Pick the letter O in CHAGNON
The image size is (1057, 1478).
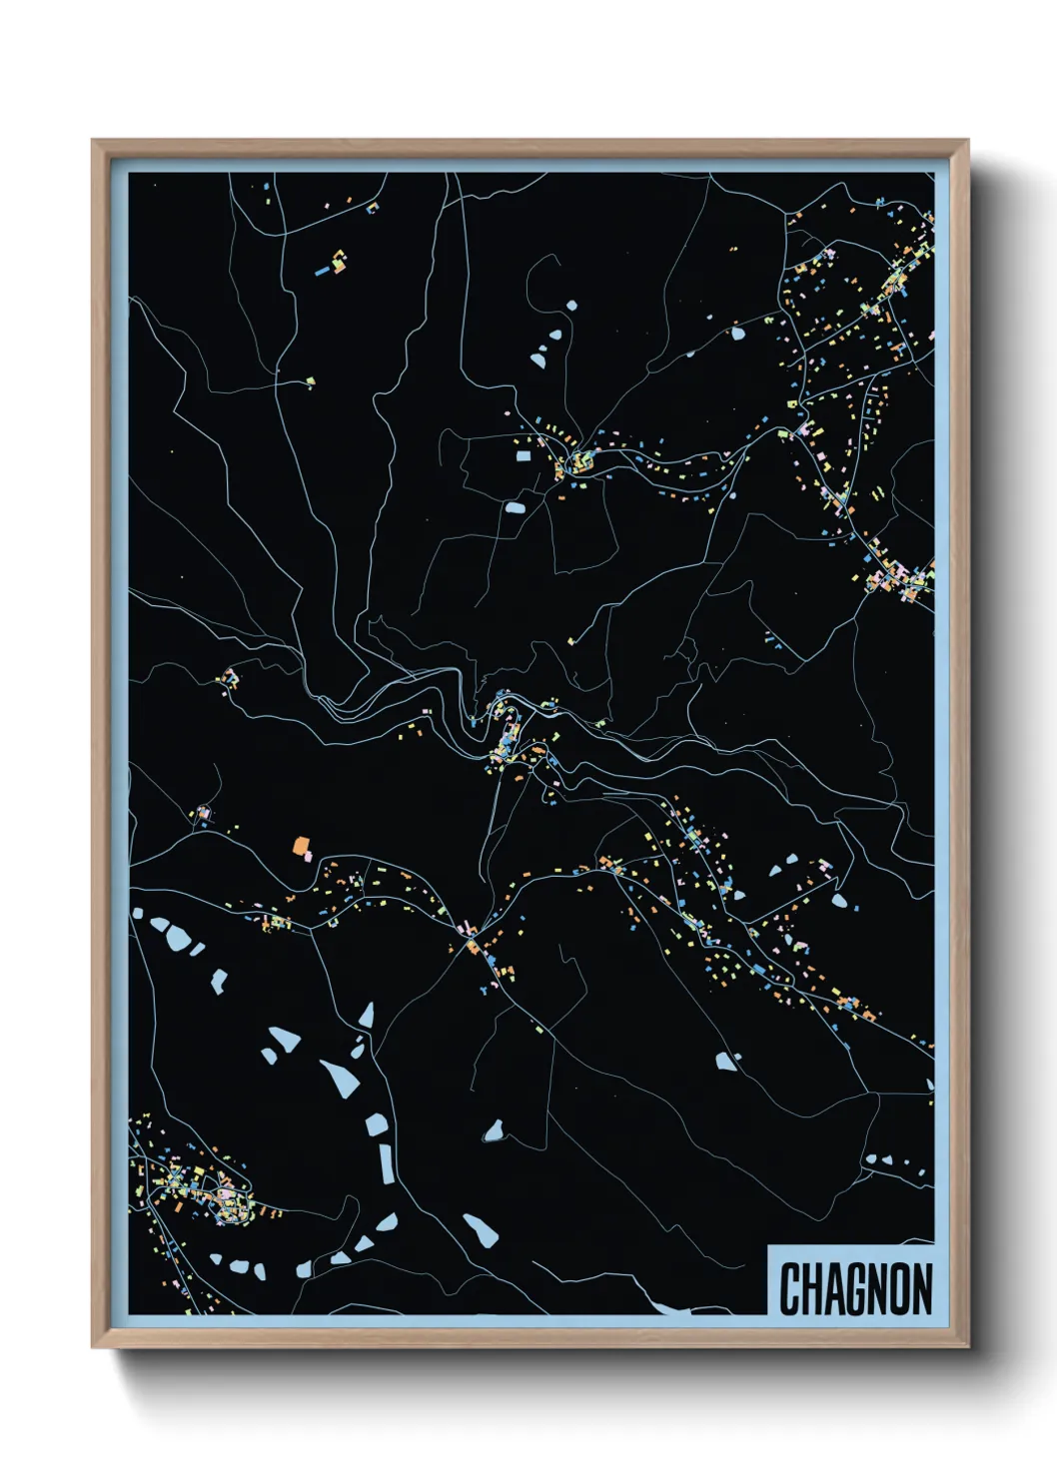pos(902,1288)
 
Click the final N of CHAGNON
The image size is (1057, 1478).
pos(923,1288)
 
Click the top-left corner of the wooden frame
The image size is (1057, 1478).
pos(94,142)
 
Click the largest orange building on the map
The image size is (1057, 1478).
pos(300,847)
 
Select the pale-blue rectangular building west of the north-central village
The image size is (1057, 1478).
pos(523,456)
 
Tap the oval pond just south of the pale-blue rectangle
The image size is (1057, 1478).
pos(515,508)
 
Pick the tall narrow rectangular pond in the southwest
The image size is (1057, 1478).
pos(386,1163)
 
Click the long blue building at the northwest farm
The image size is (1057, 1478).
pos(323,270)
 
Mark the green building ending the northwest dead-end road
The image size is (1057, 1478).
pos(311,381)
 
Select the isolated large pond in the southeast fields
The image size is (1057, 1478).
pos(726,1061)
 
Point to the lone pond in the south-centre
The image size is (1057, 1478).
pos(493,1131)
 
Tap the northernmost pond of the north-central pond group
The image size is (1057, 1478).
pos(571,306)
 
